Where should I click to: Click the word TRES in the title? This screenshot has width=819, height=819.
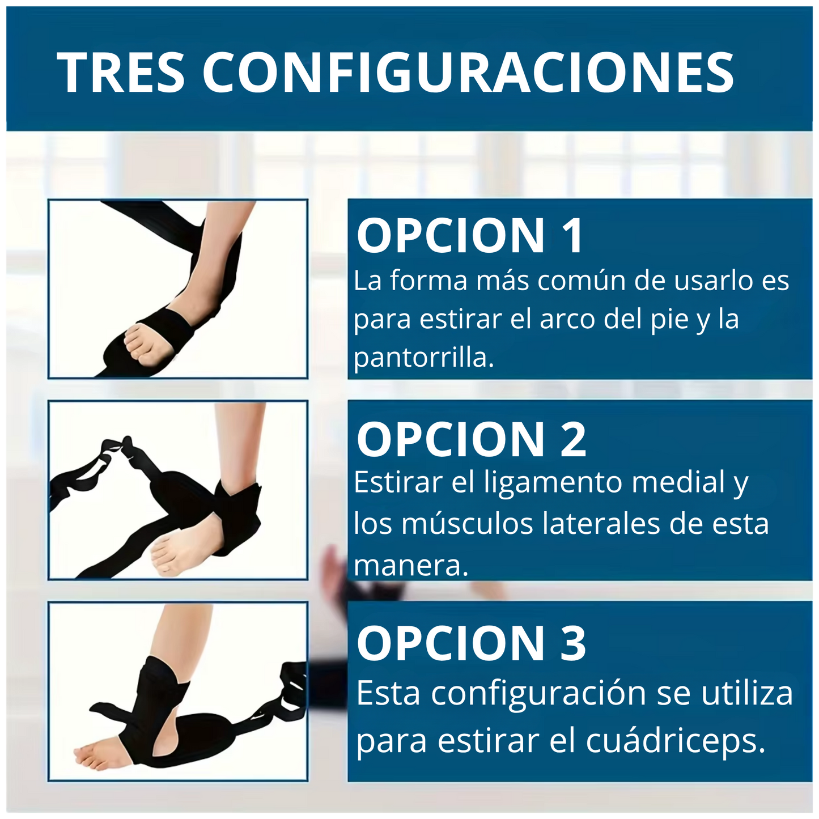pyautogui.click(x=121, y=72)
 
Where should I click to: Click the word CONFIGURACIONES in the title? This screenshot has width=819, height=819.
pyautogui.click(x=468, y=72)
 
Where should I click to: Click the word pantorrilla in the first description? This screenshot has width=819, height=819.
pyautogui.click(x=424, y=358)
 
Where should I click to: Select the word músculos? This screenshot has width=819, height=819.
pyautogui.click(x=468, y=523)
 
